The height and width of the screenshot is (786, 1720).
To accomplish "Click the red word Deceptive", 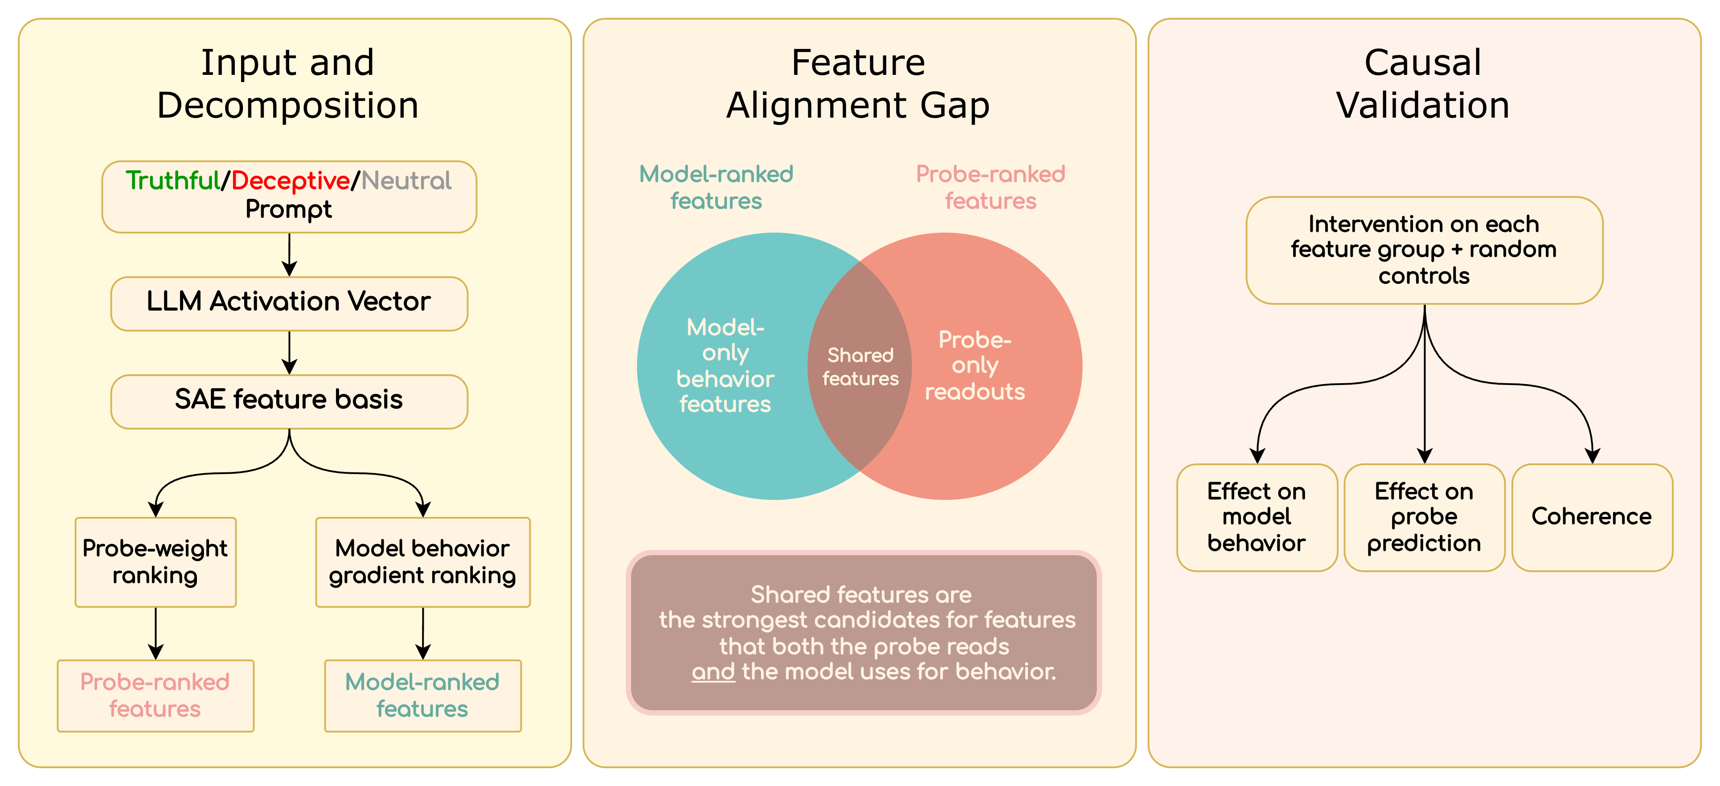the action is pyautogui.click(x=291, y=180).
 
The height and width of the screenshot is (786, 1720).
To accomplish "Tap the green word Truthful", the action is pyautogui.click(x=173, y=180).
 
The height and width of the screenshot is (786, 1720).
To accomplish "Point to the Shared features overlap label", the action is pyautogui.click(x=860, y=367).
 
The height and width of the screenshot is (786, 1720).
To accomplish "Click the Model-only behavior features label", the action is pyautogui.click(x=725, y=365).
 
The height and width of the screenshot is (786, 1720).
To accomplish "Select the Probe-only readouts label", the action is pyautogui.click(x=975, y=365).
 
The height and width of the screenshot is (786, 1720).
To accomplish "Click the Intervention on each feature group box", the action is pyautogui.click(x=1424, y=250).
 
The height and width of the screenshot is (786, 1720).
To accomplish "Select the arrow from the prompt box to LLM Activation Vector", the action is pyautogui.click(x=289, y=254).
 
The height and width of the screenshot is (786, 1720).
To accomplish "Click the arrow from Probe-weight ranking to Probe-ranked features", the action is pyautogui.click(x=156, y=634).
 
